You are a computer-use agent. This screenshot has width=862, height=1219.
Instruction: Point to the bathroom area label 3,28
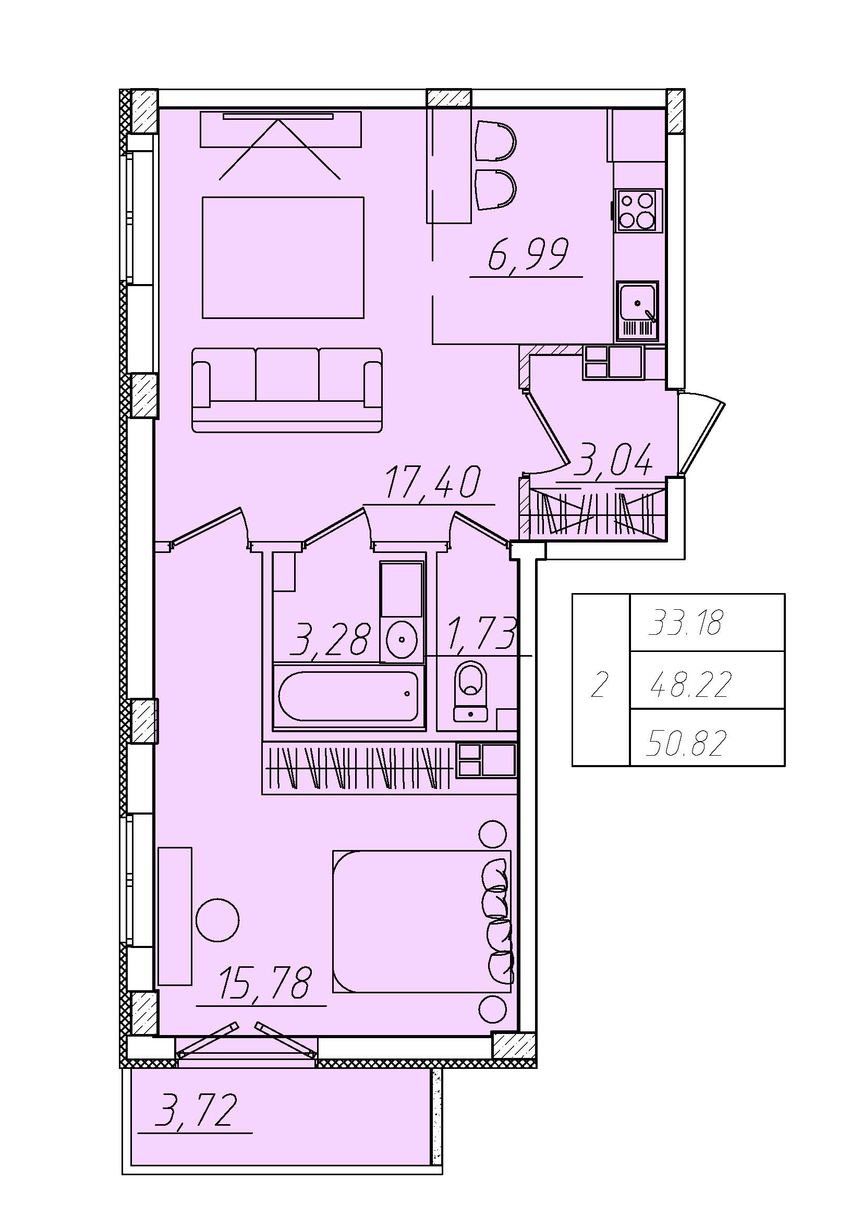329,639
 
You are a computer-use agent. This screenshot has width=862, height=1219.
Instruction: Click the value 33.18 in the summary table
686,623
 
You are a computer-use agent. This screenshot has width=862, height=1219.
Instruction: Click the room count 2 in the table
599,685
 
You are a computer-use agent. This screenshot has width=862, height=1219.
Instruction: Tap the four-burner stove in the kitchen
638,210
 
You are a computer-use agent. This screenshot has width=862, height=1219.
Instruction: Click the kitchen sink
637,311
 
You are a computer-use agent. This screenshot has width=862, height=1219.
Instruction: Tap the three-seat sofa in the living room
287,390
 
